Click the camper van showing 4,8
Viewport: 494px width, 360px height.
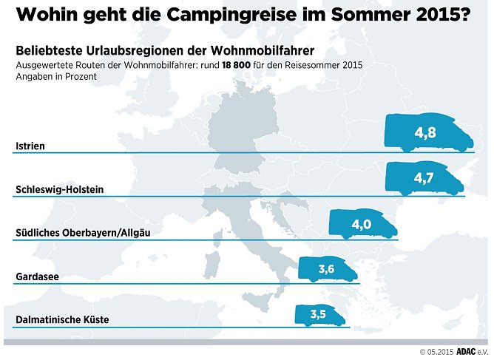coord(427,134)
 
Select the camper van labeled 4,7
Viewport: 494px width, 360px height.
coord(425,178)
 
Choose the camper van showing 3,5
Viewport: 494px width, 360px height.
coord(319,315)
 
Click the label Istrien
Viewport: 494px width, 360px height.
coord(30,146)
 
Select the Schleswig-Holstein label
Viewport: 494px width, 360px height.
coord(59,190)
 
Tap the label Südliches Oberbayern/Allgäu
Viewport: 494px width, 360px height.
coord(88,234)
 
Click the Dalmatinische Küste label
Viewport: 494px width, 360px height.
coord(62,320)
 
